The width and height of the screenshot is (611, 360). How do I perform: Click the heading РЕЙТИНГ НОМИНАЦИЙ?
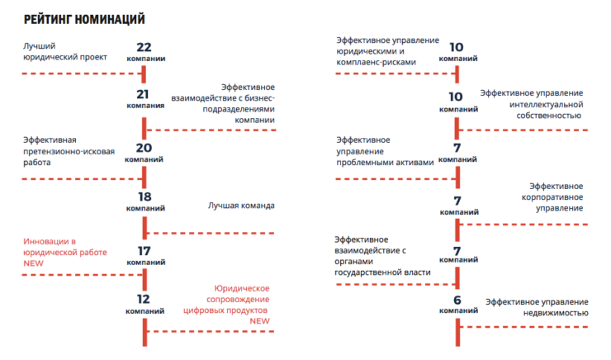(x=84, y=19)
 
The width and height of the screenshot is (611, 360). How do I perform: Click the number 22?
(x=144, y=47)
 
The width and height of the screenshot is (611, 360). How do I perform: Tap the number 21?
(x=143, y=94)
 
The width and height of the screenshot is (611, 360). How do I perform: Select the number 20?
(x=144, y=148)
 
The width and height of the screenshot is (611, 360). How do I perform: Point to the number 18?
(x=144, y=197)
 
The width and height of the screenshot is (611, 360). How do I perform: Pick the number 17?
(x=144, y=251)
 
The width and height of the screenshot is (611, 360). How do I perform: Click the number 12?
(x=144, y=299)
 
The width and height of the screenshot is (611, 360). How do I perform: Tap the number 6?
(x=457, y=300)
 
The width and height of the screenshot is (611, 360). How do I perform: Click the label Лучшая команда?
(x=241, y=206)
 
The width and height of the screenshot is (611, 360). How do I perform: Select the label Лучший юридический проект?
(x=65, y=51)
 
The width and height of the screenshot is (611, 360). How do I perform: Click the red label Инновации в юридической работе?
(x=65, y=247)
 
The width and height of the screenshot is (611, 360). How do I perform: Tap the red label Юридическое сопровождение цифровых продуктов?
(x=226, y=299)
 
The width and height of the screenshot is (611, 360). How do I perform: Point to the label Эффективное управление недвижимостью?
(x=537, y=307)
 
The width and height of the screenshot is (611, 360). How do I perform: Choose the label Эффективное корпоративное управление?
(x=552, y=197)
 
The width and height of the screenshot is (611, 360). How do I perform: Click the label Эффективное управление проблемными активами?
(x=385, y=151)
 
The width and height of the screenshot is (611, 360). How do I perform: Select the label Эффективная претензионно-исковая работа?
(x=69, y=151)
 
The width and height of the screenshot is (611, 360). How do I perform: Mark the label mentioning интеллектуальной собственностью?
(x=532, y=104)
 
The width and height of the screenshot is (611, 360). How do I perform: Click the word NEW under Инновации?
(x=33, y=263)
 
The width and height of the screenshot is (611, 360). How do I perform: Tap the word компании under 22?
(x=146, y=59)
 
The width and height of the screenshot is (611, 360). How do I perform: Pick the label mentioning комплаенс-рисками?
(x=388, y=51)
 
